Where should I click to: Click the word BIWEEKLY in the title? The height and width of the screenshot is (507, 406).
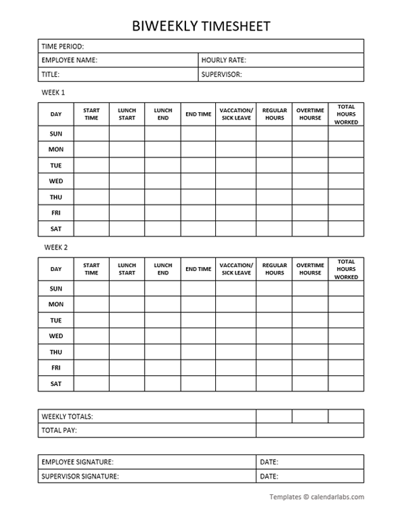[166, 26]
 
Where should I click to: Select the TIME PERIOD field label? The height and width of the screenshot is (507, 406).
[62, 47]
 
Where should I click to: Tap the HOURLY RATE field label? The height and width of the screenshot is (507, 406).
[223, 60]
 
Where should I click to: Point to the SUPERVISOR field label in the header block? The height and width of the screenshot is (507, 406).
[221, 74]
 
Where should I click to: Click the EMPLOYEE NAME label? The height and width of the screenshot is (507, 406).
[69, 60]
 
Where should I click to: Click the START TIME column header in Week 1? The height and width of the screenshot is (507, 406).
[91, 114]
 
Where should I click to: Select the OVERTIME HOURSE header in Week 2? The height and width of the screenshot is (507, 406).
[310, 269]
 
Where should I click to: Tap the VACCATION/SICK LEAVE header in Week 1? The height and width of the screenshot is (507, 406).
[236, 114]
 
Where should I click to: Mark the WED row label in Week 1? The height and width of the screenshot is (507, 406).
[55, 181]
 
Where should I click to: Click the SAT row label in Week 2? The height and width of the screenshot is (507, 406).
[55, 383]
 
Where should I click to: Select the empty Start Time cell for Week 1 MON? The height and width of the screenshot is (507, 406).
[91, 149]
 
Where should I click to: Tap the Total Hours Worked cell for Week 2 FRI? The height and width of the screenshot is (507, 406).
[346, 368]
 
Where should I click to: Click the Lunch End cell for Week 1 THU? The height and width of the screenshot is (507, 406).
[162, 197]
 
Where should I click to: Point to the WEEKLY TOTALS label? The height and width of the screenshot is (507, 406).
[67, 416]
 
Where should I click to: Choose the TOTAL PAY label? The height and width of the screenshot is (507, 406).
[59, 430]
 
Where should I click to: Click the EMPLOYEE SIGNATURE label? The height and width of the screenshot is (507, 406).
[77, 462]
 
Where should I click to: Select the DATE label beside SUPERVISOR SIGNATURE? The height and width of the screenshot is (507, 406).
[269, 477]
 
